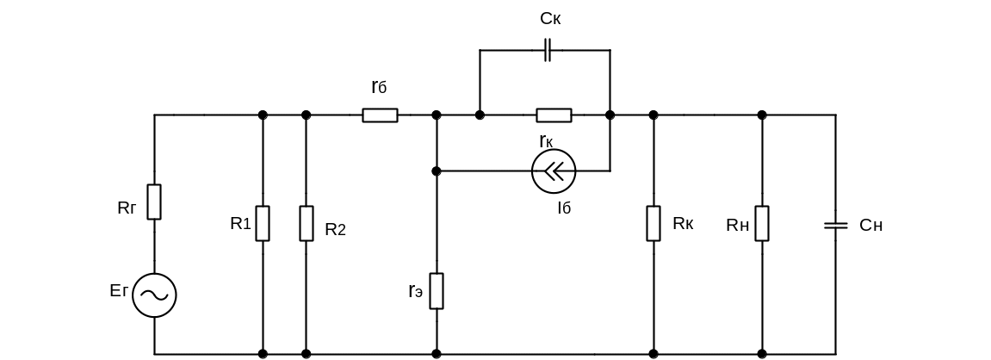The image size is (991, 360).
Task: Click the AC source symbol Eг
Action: pyautogui.click(x=155, y=295)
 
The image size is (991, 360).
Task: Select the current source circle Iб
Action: pyautogui.click(x=554, y=171)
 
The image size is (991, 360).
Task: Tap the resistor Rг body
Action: pyautogui.click(x=155, y=202)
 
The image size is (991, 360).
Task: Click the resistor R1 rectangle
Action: pyautogui.click(x=263, y=223)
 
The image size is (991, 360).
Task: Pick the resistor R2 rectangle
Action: pyautogui.click(x=307, y=223)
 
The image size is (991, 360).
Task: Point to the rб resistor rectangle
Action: pyautogui.click(x=380, y=115)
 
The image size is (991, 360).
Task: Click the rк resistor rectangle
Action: pyautogui.click(x=554, y=115)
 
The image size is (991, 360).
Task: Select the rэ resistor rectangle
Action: pyautogui.click(x=437, y=290)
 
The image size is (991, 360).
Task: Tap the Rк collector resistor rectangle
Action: pyautogui.click(x=653, y=223)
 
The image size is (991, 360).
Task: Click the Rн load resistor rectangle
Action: pyautogui.click(x=762, y=223)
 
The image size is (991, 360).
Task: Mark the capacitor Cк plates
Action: pyautogui.click(x=548, y=51)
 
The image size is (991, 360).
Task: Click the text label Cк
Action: pyautogui.click(x=550, y=17)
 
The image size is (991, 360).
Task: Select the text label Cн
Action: pyautogui.click(x=871, y=226)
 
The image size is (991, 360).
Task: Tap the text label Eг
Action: pyautogui.click(x=119, y=293)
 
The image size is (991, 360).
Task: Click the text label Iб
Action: pyautogui.click(x=564, y=207)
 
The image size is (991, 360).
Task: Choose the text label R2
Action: pyautogui.click(x=335, y=230)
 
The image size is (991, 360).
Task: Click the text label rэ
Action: pyautogui.click(x=417, y=291)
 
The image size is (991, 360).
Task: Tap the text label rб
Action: pyautogui.click(x=379, y=87)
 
